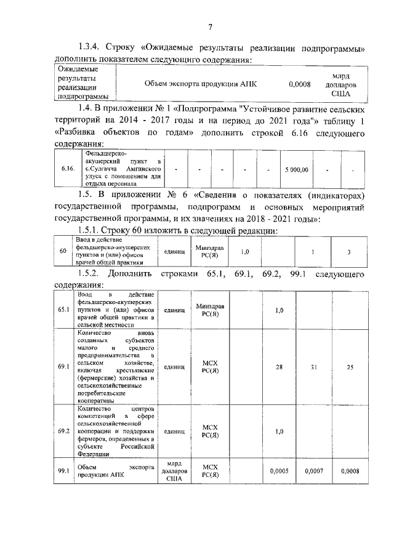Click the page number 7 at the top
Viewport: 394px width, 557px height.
210,26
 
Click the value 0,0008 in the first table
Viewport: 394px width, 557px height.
300,83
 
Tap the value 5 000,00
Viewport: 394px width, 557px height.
297,168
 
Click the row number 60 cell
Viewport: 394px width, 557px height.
62,251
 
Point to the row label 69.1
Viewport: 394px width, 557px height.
63,366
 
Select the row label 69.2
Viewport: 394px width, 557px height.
63,431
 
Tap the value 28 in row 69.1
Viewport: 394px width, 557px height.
279,367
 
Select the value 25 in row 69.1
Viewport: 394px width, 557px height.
349,367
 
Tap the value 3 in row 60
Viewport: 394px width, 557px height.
349,252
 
